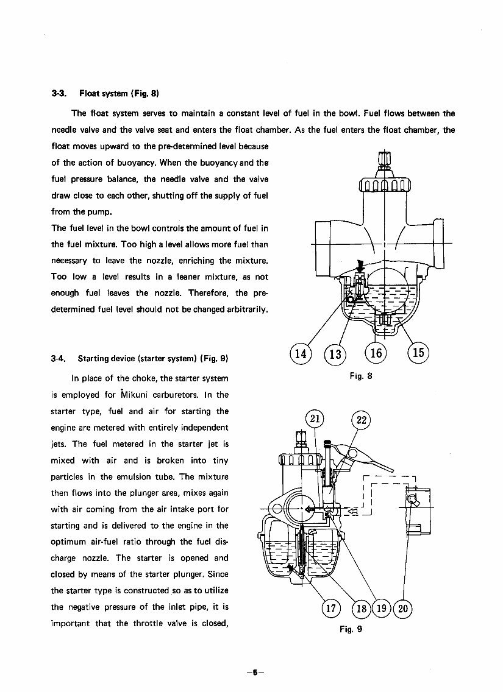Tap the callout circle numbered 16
tap(376, 353)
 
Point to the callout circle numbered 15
tap(418, 353)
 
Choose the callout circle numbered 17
tap(330, 608)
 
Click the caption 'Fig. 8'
tap(361, 376)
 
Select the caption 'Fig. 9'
tap(351, 629)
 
